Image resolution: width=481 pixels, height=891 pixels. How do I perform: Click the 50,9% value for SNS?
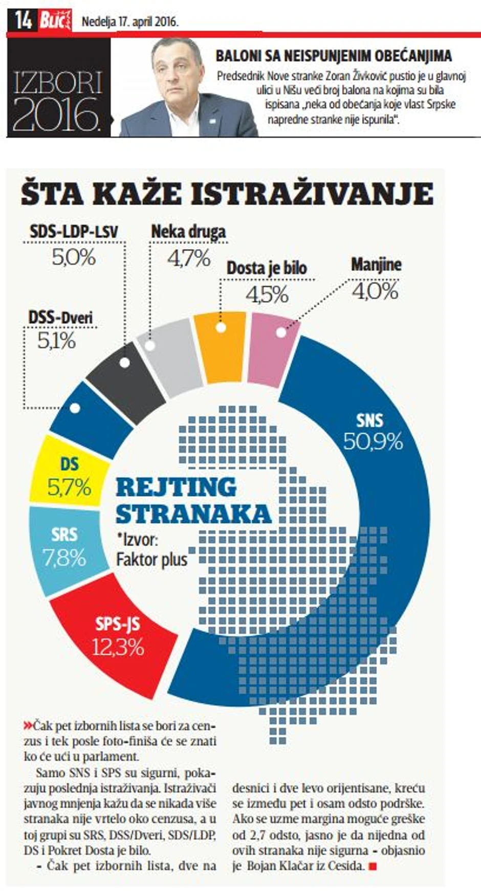pos(373,441)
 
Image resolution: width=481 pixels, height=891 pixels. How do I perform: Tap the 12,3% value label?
pos(118,648)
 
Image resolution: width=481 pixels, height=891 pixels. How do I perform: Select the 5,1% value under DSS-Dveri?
pos(56,341)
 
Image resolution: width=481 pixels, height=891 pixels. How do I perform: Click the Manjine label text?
pos(376,265)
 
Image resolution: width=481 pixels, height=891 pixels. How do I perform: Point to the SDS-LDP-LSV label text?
pos(74,231)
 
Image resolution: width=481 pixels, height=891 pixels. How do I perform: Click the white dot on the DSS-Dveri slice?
pos(75,409)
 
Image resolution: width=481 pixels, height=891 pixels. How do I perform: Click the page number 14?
pos(23,20)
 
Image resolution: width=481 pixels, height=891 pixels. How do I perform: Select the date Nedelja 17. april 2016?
pos(130,22)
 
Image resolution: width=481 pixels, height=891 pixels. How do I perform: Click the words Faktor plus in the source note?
pos(152,559)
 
